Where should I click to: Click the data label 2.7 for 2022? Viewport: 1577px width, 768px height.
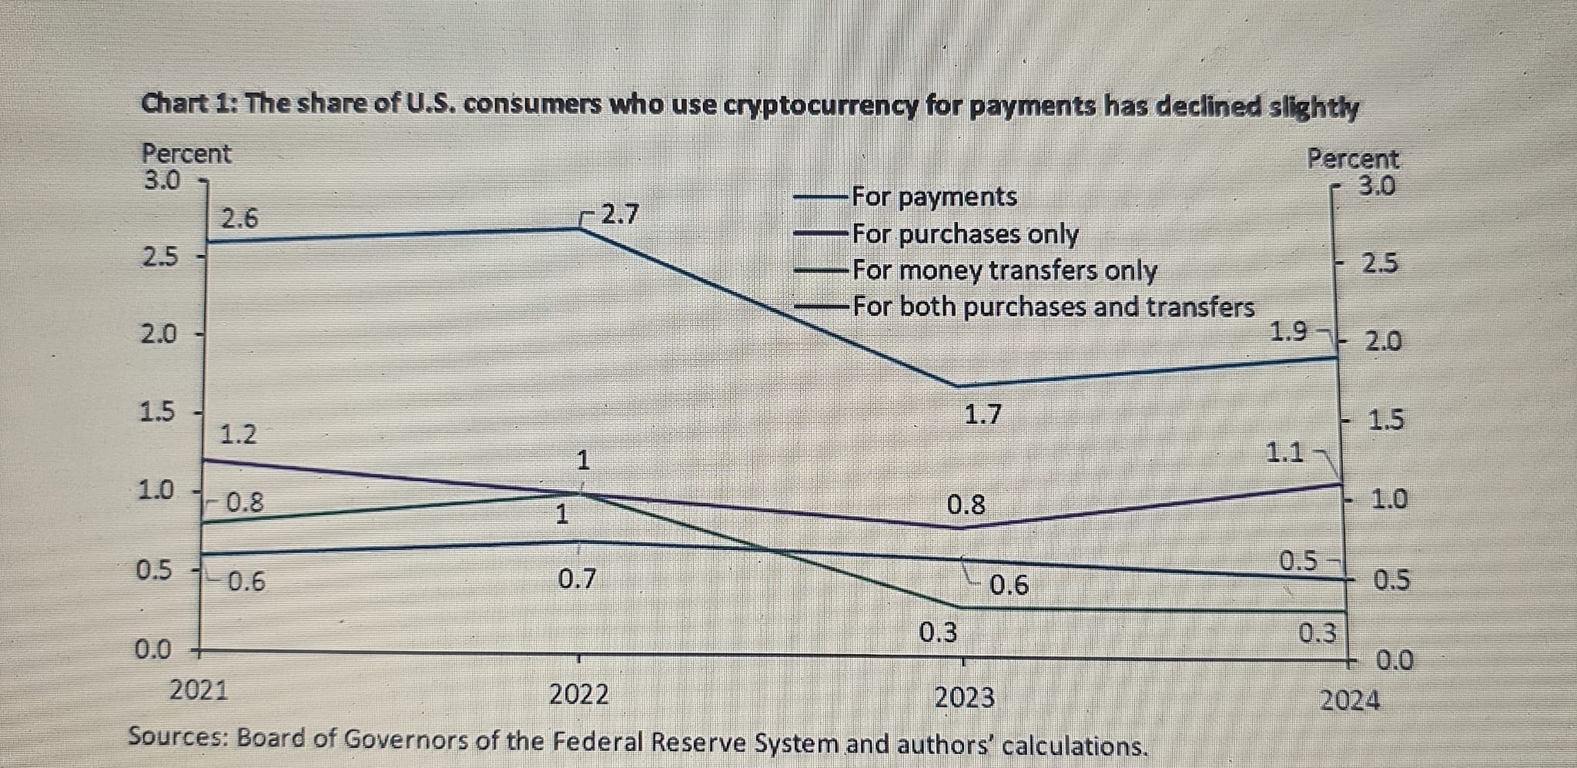[620, 213]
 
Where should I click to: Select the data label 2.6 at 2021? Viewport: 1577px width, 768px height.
[240, 220]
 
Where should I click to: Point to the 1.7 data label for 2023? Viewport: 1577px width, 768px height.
[983, 415]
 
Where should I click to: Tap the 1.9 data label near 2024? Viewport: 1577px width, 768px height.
[1288, 332]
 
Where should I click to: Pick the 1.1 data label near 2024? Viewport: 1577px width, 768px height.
[1285, 452]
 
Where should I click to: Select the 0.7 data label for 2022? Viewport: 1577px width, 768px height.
[577, 578]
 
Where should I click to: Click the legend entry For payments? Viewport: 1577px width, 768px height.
[934, 196]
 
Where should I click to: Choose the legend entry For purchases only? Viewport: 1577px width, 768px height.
[966, 233]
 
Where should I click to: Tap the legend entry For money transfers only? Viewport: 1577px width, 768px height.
[1004, 270]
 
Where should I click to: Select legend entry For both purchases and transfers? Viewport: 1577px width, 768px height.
[1053, 307]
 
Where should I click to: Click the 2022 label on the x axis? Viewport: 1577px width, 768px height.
[579, 695]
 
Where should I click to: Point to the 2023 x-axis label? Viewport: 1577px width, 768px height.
[964, 698]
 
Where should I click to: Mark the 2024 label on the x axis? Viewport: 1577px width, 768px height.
[1351, 701]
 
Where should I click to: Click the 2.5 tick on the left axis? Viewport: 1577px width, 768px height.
[159, 257]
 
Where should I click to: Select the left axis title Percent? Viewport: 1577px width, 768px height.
[186, 154]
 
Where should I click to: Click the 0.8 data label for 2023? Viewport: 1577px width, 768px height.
[966, 505]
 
